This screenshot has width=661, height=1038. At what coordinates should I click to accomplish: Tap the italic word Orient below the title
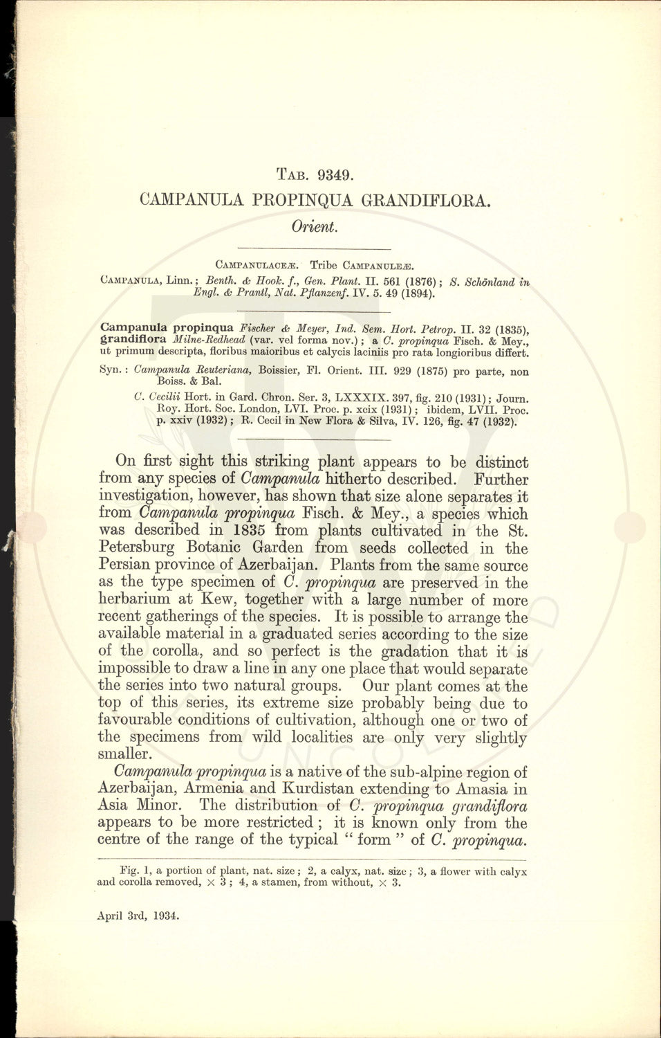point(313,227)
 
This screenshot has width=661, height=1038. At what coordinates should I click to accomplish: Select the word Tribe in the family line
point(323,264)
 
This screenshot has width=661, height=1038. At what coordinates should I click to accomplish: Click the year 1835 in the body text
point(246,531)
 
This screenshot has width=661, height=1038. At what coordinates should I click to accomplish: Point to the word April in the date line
point(111,916)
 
